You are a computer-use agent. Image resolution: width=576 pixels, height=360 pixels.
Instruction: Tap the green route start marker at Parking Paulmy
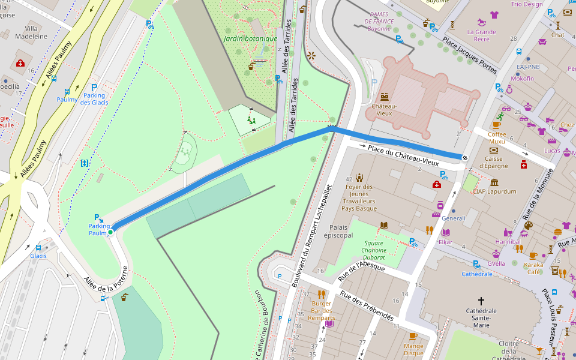pyautogui.click(x=110, y=232)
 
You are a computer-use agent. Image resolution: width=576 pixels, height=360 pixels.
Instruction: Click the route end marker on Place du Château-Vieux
pyautogui.click(x=465, y=157)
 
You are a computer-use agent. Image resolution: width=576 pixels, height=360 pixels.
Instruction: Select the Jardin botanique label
pyautogui.click(x=250, y=38)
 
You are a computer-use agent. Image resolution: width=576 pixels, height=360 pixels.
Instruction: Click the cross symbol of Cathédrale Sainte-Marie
pyautogui.click(x=481, y=300)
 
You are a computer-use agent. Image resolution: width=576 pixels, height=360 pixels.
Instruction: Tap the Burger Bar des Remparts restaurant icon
pyautogui.click(x=321, y=294)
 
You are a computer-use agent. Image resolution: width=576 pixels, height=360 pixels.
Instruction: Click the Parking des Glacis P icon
pyautogui.click(x=94, y=87)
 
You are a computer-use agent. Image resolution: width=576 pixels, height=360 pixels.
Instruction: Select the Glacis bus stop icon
pyautogui.click(x=38, y=247)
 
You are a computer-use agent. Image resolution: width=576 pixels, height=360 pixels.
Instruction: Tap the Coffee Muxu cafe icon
pyautogui.click(x=496, y=125)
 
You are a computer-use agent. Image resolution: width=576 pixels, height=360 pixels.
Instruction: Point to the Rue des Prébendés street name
pyautogui.click(x=366, y=305)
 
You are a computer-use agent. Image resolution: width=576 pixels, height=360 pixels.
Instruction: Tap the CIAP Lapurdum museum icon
pyautogui.click(x=494, y=182)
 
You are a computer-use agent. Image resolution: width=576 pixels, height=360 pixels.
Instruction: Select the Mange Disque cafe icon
pyautogui.click(x=413, y=336)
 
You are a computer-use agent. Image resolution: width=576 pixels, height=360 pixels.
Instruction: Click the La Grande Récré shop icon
pyautogui.click(x=494, y=15)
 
